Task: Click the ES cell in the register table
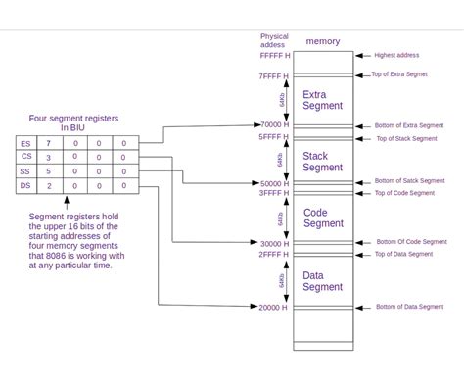pos(25,144)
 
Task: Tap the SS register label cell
pos(25,171)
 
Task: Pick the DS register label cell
pos(25,185)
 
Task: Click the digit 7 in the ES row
pos(49,144)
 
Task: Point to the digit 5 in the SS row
pos(49,171)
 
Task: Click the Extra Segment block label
pos(322,100)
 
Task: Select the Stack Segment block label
pos(322,161)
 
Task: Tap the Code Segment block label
pos(322,218)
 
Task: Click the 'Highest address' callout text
pos(396,56)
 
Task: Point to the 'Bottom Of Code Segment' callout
pos(411,241)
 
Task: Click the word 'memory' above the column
pos(322,41)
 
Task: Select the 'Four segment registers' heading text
pos(74,118)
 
